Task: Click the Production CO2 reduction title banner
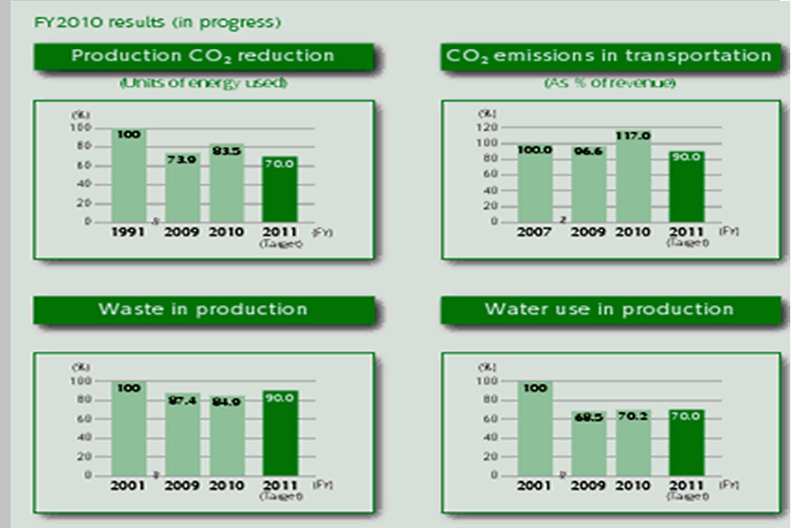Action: point(203,56)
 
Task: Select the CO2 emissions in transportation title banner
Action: point(609,56)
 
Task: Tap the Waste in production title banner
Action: point(203,309)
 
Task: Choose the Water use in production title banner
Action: point(609,309)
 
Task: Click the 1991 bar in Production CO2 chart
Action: point(128,176)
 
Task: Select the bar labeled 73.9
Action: point(183,188)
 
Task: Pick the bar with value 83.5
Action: point(227,183)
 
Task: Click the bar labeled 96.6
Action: point(589,185)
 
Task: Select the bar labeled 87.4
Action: point(183,435)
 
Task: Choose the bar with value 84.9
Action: point(227,436)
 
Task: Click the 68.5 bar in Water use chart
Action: point(589,443)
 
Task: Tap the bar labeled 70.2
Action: point(633,442)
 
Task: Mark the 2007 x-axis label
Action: point(534,232)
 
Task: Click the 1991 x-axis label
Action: point(128,232)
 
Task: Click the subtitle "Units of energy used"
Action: point(203,83)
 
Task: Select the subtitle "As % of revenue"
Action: point(609,83)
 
